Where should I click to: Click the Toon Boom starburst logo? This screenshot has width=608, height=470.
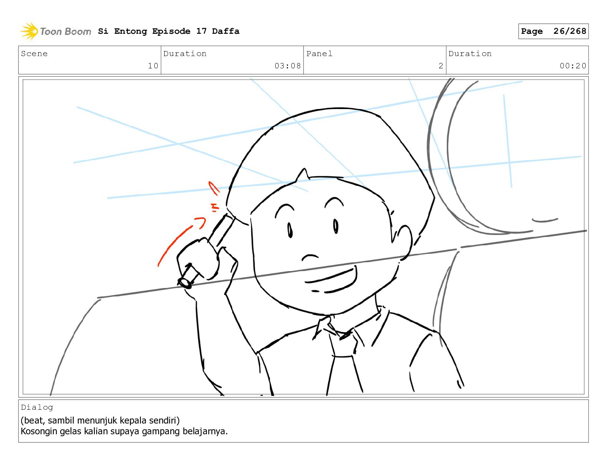point(29,31)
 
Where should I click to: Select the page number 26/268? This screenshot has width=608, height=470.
point(570,31)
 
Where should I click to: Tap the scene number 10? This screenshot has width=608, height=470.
point(153,66)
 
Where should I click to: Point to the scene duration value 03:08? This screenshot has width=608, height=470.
point(287,66)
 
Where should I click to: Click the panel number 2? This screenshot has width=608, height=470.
point(441,66)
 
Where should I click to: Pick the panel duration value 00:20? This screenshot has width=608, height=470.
point(573,66)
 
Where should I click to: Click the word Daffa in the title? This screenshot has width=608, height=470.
point(226,31)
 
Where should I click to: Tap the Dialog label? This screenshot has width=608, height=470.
point(37,407)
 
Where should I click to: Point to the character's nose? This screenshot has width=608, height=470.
point(310,257)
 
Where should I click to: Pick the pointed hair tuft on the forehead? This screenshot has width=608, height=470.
point(302,175)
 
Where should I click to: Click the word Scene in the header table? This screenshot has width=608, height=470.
point(34,54)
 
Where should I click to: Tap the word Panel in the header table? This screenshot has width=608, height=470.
point(319,54)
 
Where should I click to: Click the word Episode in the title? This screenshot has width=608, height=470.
point(171,31)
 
